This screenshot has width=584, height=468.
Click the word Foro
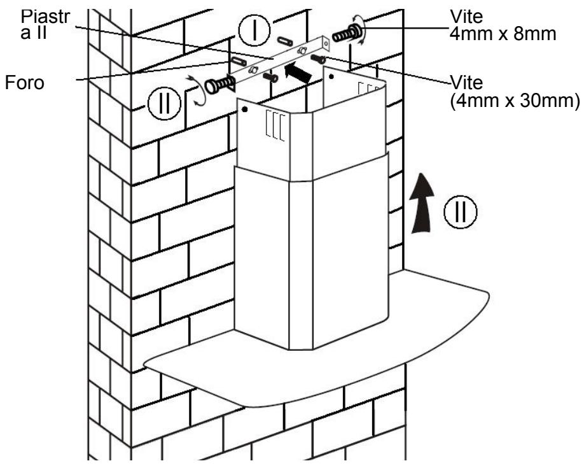click(25, 82)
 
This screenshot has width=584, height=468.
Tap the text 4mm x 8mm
click(503, 34)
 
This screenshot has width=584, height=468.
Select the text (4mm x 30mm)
click(515, 101)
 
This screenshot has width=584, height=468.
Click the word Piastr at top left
click(45, 17)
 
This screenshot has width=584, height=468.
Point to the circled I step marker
click(254, 30)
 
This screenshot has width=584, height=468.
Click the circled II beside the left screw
click(164, 103)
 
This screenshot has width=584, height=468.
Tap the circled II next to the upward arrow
click(461, 211)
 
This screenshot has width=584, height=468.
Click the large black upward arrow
click(421, 203)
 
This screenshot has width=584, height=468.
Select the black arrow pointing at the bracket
click(298, 72)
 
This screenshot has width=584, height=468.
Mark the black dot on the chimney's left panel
click(244, 110)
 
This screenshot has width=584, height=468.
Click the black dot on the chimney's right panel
click(331, 76)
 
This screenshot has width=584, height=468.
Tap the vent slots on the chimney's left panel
click(275, 125)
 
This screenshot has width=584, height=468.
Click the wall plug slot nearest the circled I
click(284, 41)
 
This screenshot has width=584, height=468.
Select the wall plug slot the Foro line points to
click(239, 61)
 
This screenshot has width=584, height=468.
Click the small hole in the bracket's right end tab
click(326, 44)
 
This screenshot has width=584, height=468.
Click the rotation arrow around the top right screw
click(360, 30)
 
